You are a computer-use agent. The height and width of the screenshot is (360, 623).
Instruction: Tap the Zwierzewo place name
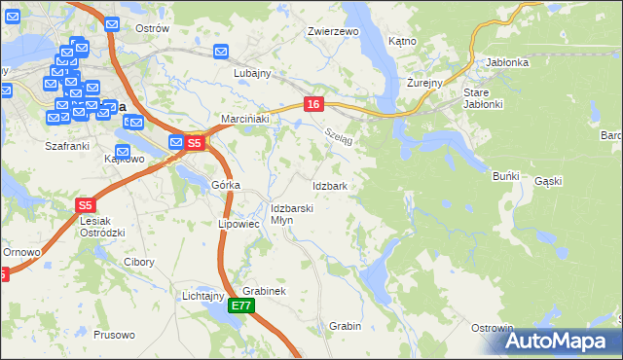click(x=334, y=31)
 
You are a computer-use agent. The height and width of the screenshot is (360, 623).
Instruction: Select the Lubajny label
click(x=252, y=73)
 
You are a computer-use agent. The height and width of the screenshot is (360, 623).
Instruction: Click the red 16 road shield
click(x=312, y=104)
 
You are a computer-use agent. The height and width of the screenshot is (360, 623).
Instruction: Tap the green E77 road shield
click(x=242, y=306)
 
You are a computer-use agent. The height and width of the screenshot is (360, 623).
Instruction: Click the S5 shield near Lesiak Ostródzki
click(x=86, y=205)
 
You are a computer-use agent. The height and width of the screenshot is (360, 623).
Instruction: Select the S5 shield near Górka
click(x=194, y=143)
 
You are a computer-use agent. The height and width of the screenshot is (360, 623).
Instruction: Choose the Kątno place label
click(x=402, y=42)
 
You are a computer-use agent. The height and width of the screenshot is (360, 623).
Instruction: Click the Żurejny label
click(x=425, y=84)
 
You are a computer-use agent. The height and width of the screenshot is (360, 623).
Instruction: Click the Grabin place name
click(x=346, y=326)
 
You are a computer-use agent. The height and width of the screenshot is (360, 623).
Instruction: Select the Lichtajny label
click(x=203, y=295)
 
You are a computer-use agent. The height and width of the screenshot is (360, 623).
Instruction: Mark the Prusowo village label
click(x=116, y=335)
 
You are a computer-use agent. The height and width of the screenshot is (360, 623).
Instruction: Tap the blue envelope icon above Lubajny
click(x=221, y=52)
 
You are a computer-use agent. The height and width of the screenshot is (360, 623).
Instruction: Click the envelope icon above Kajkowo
click(x=123, y=152)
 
